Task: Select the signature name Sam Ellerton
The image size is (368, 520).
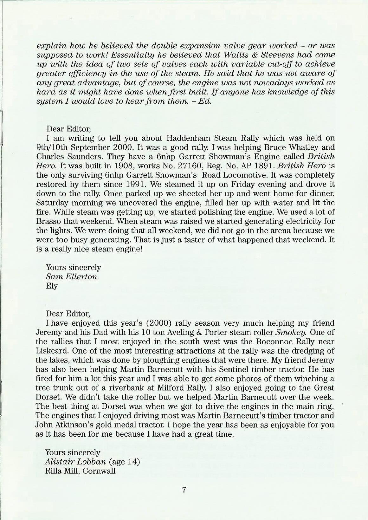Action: pyautogui.click(x=71, y=276)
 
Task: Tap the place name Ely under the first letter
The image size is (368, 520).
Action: pyautogui.click(x=52, y=286)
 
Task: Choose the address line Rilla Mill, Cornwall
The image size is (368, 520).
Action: pyautogui.click(x=80, y=471)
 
